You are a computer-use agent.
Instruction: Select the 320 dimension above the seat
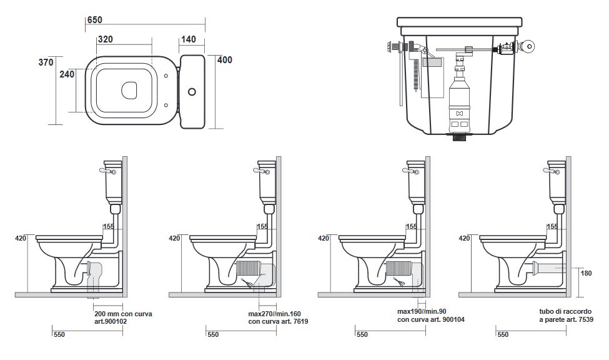pos(105,39)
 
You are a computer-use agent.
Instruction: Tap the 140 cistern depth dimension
pos(188,39)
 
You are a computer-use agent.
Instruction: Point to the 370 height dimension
pos(46,62)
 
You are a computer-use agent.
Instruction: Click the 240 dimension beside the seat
pos(67,74)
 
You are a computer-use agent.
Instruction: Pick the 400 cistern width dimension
pos(224,60)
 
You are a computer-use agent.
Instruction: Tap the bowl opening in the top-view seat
pos(130,90)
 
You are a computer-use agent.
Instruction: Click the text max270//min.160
pos(275,313)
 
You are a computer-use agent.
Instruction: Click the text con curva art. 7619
pos(278,321)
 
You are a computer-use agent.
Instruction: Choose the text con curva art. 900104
pos(431,319)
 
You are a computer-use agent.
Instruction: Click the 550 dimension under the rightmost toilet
pos(503,334)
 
